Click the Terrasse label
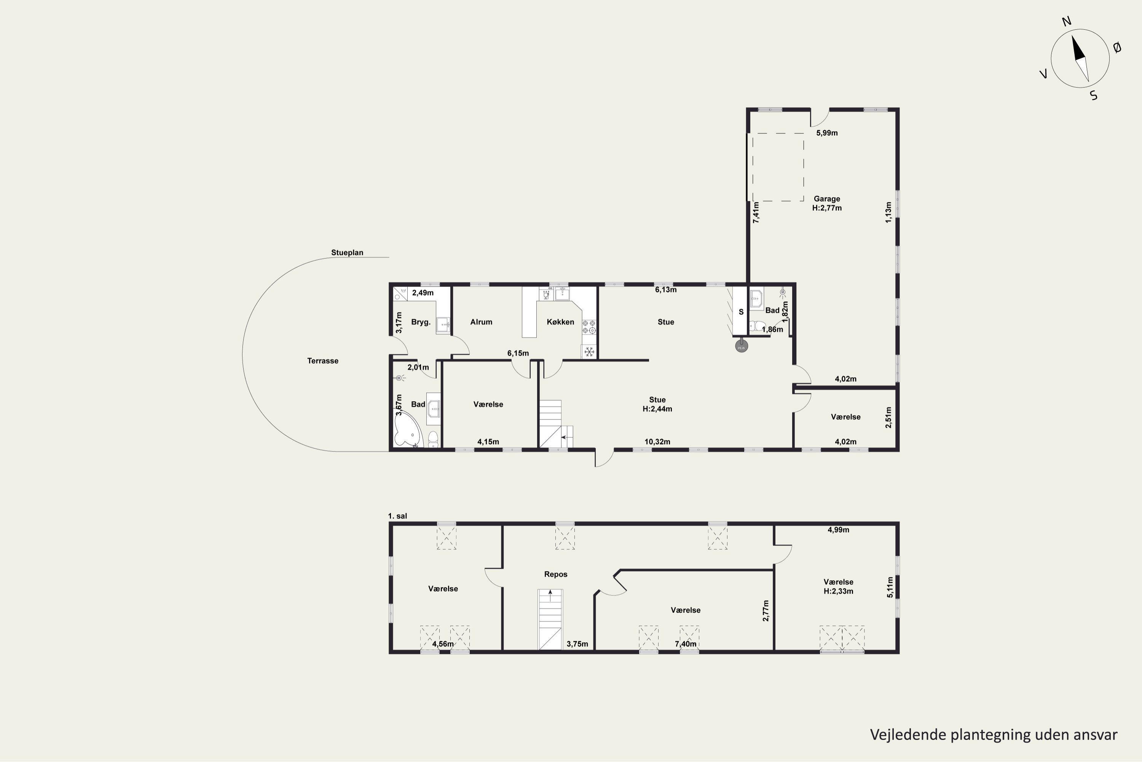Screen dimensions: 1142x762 pyautogui.click(x=322, y=360)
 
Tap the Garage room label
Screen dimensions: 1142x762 pyautogui.click(x=827, y=199)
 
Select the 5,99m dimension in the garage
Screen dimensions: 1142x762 pyautogui.click(x=827, y=133)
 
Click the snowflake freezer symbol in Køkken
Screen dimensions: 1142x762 pyautogui.click(x=589, y=351)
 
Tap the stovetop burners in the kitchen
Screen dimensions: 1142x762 pyautogui.click(x=589, y=327)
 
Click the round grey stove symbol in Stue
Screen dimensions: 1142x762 pyautogui.click(x=742, y=346)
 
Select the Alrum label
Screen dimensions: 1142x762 pyautogui.click(x=481, y=322)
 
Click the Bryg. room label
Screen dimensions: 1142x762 pyautogui.click(x=421, y=322)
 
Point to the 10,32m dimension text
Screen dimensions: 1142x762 pyautogui.click(x=657, y=442)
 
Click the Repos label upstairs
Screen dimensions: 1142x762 pyautogui.click(x=555, y=574)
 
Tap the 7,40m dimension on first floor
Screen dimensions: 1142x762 pyautogui.click(x=686, y=644)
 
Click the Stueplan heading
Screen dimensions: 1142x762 pyautogui.click(x=347, y=253)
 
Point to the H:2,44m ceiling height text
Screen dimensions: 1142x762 pyautogui.click(x=657, y=409)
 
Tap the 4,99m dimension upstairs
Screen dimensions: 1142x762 pyautogui.click(x=839, y=530)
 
